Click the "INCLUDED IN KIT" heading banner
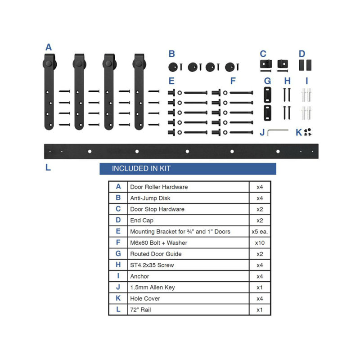(187, 169)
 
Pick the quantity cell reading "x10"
(260, 243)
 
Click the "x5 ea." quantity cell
(260, 231)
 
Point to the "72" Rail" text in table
(141, 310)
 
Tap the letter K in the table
(118, 298)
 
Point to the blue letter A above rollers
(49, 47)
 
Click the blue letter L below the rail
(48, 168)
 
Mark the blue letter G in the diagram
(267, 81)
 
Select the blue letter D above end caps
(302, 54)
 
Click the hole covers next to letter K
(308, 132)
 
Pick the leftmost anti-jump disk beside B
(174, 67)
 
